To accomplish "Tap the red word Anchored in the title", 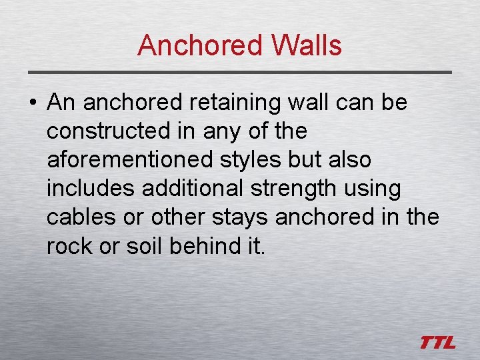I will pyautogui.click(x=200, y=45).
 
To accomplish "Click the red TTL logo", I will pyautogui.click(x=437, y=343).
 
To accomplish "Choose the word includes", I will pyautogui.click(x=91, y=189).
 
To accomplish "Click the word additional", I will pyautogui.click(x=193, y=189).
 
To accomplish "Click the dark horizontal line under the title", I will pyautogui.click(x=240, y=72).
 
